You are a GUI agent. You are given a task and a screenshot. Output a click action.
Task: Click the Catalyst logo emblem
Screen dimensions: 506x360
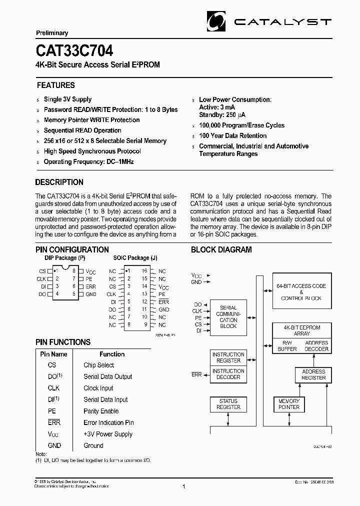[217, 22]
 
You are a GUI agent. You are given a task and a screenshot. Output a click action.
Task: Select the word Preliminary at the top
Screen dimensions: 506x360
[52, 33]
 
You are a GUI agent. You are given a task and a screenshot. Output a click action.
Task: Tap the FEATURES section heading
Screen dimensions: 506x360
[55, 85]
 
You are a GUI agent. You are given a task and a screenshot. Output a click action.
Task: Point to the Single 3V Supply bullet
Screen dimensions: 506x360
[67, 99]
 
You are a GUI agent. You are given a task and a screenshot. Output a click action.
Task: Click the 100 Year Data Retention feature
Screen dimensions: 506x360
[232, 136]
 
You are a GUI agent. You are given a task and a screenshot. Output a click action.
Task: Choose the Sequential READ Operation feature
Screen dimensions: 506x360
[82, 130]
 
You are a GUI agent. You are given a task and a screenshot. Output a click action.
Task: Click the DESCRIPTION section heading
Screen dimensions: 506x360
[59, 182]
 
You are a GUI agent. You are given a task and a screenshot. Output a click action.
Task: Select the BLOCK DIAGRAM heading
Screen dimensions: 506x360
[221, 250]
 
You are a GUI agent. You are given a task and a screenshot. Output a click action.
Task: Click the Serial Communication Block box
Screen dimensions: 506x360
[228, 317]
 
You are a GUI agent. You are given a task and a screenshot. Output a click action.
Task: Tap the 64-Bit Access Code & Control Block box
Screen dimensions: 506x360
[301, 292]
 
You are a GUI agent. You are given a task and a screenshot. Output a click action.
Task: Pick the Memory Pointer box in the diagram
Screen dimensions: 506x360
[288, 404]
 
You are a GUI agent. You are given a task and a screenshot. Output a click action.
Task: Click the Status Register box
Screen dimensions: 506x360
[228, 404]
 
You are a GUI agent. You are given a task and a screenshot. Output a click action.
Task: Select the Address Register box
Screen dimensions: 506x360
[313, 375]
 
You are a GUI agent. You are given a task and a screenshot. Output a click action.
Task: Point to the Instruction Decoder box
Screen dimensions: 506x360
[228, 374]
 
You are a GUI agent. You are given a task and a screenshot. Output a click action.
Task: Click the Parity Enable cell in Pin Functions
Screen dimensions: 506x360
[101, 411]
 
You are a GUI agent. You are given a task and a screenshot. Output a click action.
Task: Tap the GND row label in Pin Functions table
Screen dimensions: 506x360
[54, 445]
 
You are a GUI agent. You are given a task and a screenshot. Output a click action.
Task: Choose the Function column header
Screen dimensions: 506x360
[112, 354]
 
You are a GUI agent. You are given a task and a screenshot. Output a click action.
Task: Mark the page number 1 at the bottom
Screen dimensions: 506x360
[184, 486]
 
